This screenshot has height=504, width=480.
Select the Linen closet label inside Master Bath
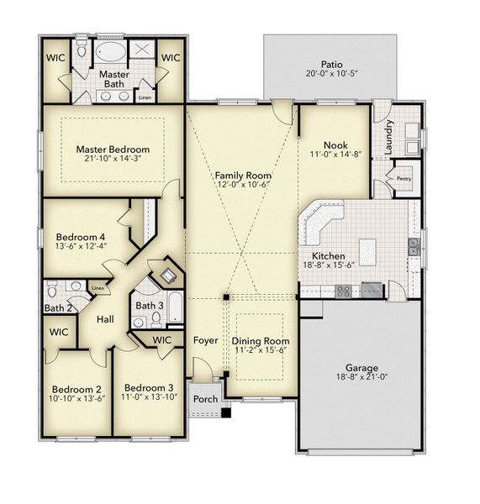[145, 97]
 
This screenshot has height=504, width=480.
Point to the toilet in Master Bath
[82, 52]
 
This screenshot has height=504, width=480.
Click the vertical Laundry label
[389, 137]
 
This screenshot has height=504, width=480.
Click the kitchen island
[367, 249]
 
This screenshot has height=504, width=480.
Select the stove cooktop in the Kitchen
[344, 291]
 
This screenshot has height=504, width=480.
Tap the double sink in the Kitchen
[413, 246]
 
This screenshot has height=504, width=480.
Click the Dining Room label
[261, 341]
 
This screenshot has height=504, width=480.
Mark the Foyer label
[205, 341]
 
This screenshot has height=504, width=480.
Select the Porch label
[206, 399]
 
